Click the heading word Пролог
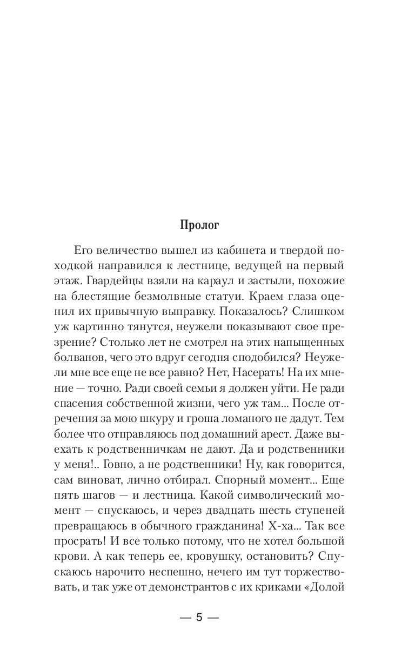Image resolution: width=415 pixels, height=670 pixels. (x=207, y=225)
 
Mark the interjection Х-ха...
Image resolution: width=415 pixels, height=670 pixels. (x=291, y=524)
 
